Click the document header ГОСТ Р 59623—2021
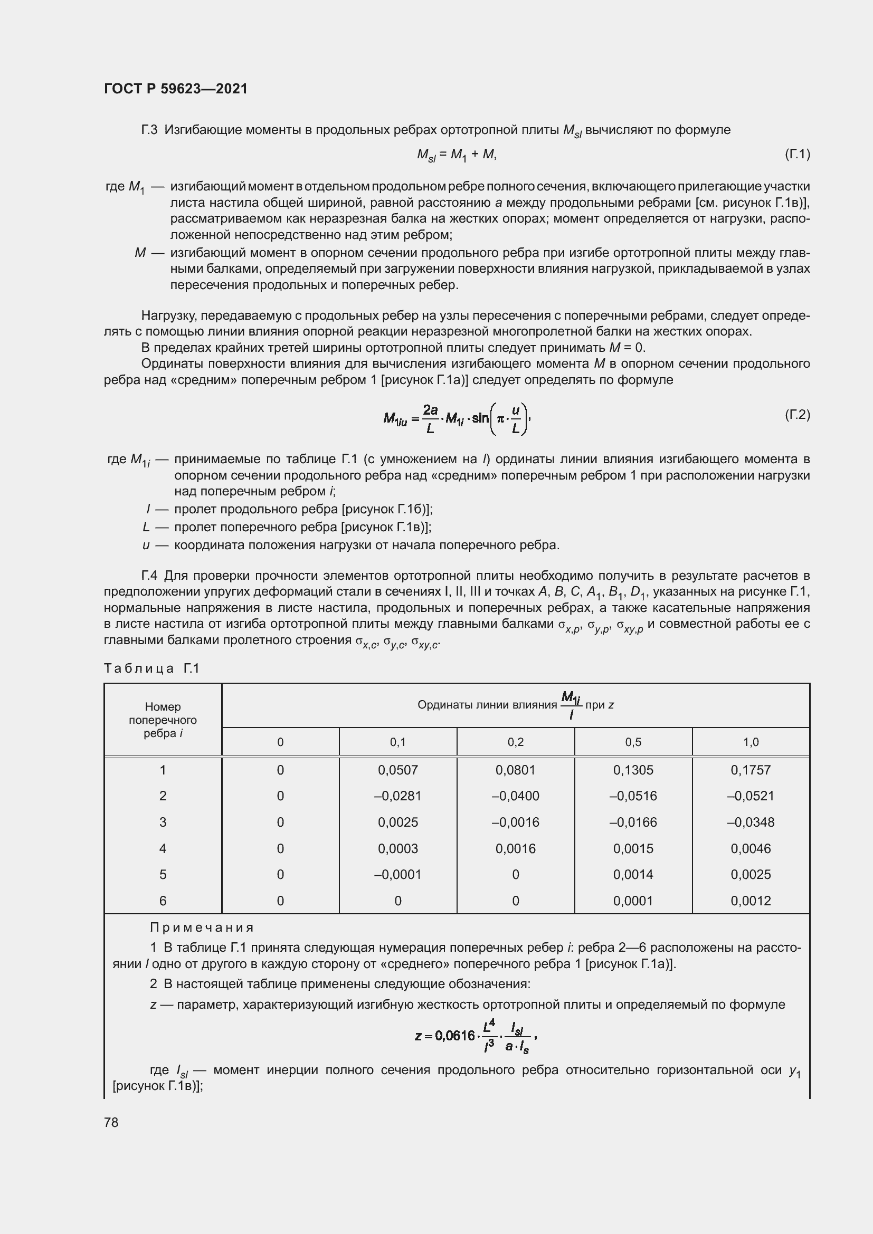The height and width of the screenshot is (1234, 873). pyautogui.click(x=176, y=89)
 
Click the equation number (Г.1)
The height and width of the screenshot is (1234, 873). pyautogui.click(x=796, y=154)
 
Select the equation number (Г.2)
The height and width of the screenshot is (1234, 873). pyautogui.click(x=796, y=414)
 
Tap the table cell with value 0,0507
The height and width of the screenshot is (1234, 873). pyautogui.click(x=397, y=770)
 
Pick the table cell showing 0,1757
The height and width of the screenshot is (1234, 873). pyautogui.click(x=751, y=770)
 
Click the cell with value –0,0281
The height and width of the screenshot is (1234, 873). pyautogui.click(x=397, y=796)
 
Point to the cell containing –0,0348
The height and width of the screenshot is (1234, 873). pyautogui.click(x=751, y=822)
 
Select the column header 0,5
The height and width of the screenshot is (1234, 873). pyautogui.click(x=633, y=742)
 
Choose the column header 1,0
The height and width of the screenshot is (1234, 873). pyautogui.click(x=751, y=742)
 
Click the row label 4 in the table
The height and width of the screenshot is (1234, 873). pyautogui.click(x=163, y=848)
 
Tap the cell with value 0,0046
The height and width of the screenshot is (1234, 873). pyautogui.click(x=751, y=848)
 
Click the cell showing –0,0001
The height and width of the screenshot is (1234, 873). pyautogui.click(x=397, y=874)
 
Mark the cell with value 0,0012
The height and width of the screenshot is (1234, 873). pyautogui.click(x=751, y=900)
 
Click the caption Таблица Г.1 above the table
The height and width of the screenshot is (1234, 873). pyautogui.click(x=151, y=668)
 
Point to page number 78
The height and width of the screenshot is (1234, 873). pyautogui.click(x=111, y=1122)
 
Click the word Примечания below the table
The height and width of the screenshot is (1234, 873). pyautogui.click(x=202, y=927)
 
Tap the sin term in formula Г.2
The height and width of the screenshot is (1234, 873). pyautogui.click(x=480, y=418)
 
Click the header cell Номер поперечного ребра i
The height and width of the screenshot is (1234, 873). pyautogui.click(x=163, y=720)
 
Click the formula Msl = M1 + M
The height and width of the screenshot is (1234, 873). pyautogui.click(x=457, y=155)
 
